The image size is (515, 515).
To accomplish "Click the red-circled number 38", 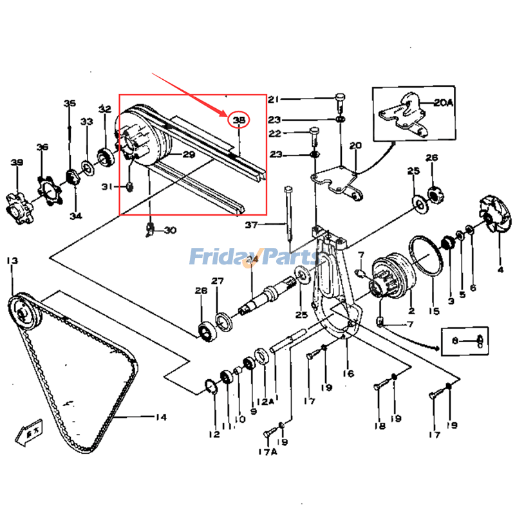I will (239, 120).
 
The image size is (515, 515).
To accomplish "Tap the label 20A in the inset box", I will (444, 102).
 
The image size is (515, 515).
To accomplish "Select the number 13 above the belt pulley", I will (12, 261).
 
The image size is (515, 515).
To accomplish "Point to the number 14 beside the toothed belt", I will (160, 417).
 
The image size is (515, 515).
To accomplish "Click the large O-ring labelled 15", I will (426, 257).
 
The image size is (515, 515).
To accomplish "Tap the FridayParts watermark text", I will (254, 257).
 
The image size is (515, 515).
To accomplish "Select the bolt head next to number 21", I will (339, 99).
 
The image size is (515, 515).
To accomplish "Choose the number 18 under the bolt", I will (379, 426).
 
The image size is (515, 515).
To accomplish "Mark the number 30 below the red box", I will (169, 230).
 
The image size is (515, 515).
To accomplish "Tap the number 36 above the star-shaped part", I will (42, 147).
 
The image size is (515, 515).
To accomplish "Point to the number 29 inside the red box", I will (188, 154).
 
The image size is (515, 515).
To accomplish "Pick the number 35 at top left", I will (69, 103).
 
